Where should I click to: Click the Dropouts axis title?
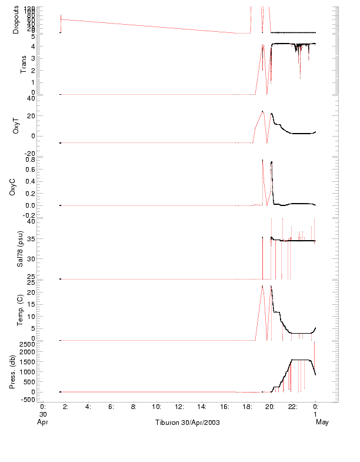16,20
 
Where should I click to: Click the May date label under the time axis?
322,423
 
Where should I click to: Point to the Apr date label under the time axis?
42,423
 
